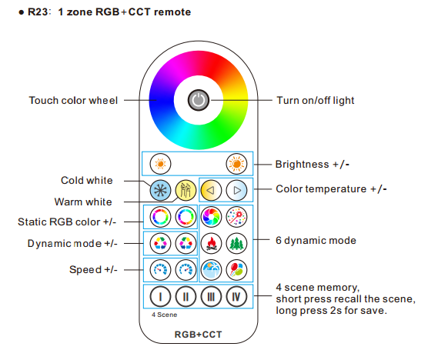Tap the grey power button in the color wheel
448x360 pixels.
(x=199, y=100)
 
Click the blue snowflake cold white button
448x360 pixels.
(x=160, y=190)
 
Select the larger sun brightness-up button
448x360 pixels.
(x=236, y=164)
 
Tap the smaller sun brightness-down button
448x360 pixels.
(x=160, y=164)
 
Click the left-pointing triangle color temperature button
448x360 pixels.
(x=211, y=190)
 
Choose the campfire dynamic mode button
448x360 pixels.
(x=211, y=244)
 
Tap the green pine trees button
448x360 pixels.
(x=236, y=244)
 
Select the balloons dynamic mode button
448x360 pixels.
(x=236, y=270)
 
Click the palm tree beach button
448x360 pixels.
(x=211, y=270)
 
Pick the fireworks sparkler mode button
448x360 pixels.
(x=236, y=217)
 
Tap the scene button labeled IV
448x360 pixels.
(x=236, y=297)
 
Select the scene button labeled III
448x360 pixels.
(x=211, y=297)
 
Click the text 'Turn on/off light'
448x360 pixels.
(x=316, y=101)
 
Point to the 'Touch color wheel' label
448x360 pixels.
(x=73, y=101)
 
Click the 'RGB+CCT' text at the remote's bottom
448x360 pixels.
(x=199, y=335)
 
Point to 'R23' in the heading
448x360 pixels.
(x=38, y=12)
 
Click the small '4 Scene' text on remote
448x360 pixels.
(x=164, y=315)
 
